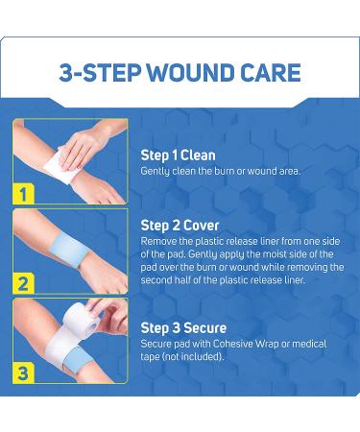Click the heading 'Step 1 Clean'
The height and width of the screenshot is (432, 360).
point(178,155)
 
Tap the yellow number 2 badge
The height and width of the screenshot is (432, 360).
point(21,284)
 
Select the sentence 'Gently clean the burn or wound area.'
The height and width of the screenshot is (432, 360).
point(220,171)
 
